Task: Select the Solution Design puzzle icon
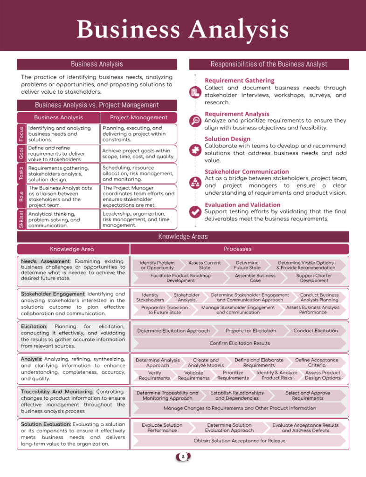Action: point(195,150)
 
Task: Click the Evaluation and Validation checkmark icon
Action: point(195,212)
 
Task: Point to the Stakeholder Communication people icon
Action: point(195,183)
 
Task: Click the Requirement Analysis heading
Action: point(237,114)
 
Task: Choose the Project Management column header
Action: point(138,117)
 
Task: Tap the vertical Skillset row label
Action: point(21,219)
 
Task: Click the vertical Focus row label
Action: point(21,134)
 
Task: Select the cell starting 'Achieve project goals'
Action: point(138,154)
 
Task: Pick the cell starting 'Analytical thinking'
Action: point(63,219)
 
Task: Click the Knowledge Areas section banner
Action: point(183,237)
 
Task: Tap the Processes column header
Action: point(237,249)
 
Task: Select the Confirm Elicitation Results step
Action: point(240,343)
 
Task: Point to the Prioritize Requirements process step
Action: point(233,375)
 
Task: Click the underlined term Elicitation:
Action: point(34,327)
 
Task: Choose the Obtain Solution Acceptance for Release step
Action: point(239,440)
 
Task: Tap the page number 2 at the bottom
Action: point(183,457)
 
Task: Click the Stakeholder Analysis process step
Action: point(186,298)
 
